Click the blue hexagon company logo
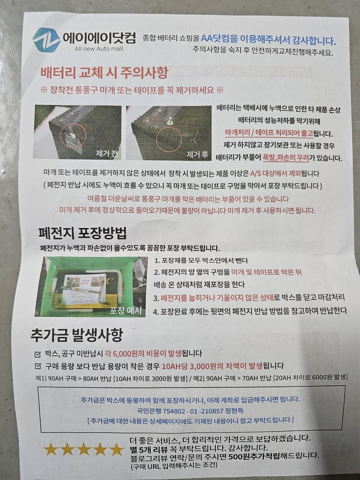click(47, 40)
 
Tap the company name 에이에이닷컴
click(99, 37)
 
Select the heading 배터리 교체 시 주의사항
click(104, 73)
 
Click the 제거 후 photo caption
click(197, 154)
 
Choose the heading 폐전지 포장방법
click(83, 234)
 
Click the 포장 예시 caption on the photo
click(126, 310)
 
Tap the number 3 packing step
click(156, 298)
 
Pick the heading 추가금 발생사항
click(76, 335)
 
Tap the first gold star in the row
click(51, 449)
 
